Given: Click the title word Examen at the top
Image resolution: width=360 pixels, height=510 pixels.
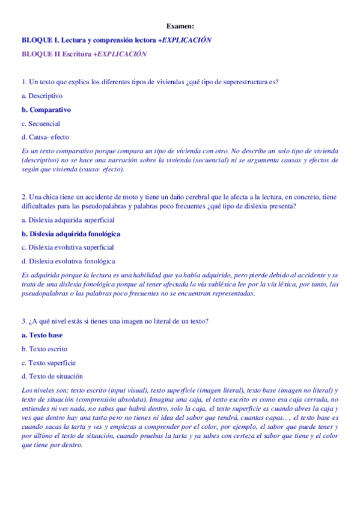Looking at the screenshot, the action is click(180, 26).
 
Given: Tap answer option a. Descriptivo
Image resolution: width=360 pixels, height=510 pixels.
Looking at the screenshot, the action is click(41, 96).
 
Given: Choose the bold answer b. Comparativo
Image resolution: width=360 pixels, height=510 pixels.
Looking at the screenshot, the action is click(46, 110).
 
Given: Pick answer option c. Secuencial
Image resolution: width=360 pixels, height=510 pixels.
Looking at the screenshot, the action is click(41, 124).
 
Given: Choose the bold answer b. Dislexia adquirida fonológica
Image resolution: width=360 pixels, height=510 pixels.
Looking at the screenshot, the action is click(70, 233).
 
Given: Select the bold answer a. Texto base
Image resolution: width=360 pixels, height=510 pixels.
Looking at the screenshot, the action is click(41, 335).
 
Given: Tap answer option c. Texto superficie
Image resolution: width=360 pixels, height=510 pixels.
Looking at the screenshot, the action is click(48, 363).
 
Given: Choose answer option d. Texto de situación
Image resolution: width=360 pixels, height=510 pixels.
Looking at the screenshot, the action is click(52, 376).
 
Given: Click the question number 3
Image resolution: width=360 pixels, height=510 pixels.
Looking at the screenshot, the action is click(23, 321).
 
